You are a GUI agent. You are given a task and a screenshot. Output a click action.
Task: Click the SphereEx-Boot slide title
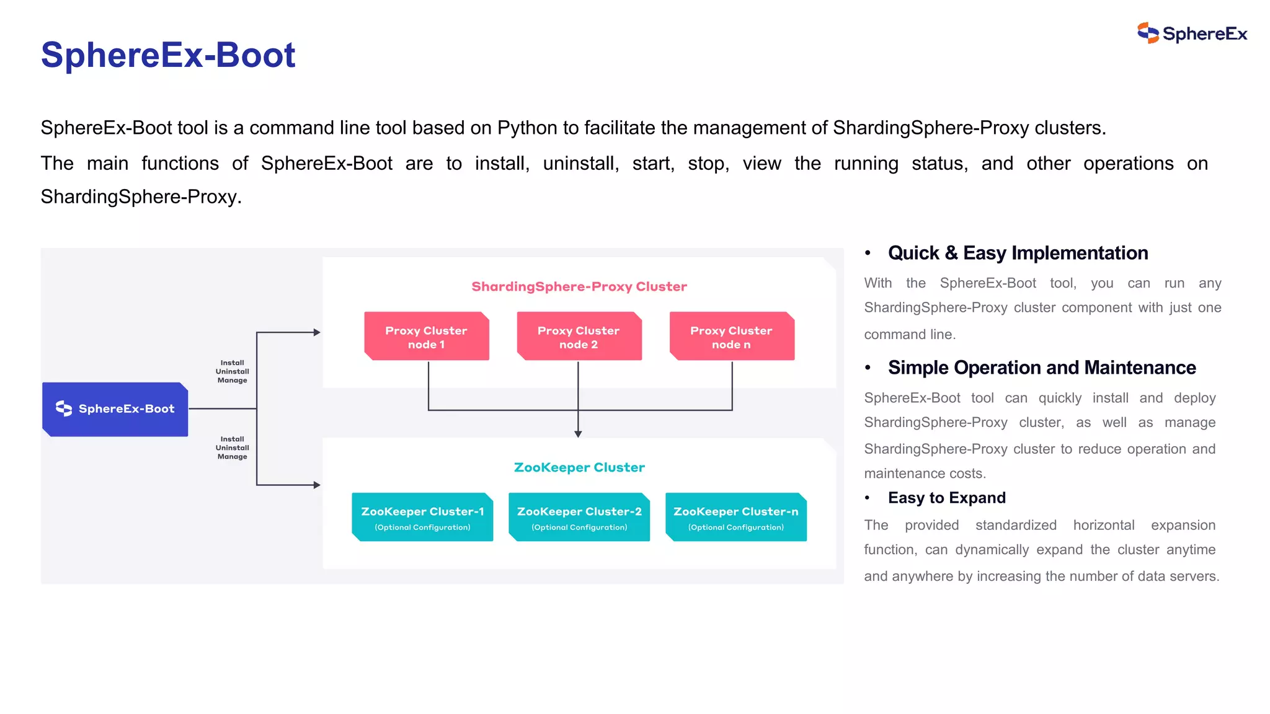point(168,55)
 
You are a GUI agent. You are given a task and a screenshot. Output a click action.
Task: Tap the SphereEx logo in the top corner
point(1191,33)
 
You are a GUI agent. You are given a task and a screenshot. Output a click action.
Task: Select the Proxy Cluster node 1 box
point(427,337)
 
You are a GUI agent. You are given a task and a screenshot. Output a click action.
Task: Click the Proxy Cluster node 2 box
point(579,337)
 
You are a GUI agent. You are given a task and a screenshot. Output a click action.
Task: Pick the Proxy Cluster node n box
point(731,337)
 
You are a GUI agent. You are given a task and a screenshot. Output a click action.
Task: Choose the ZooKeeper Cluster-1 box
point(422,518)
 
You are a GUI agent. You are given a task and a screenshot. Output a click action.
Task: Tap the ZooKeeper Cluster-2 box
point(579,518)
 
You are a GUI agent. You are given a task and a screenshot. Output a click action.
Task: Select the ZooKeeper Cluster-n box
point(736,518)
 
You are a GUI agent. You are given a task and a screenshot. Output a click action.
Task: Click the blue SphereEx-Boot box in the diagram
point(115,409)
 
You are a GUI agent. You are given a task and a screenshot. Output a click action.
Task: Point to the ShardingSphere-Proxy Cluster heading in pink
point(579,286)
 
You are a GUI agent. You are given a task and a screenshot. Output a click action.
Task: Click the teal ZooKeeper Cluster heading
point(579,467)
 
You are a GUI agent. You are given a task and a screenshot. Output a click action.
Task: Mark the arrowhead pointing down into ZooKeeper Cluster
point(578,434)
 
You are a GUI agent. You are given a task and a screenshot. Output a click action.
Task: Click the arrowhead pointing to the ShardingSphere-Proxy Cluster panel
point(317,333)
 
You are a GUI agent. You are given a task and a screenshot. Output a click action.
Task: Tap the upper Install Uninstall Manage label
point(233,371)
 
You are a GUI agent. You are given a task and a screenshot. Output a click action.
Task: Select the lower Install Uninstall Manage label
point(233,447)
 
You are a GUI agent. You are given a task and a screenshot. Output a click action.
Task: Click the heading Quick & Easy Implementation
point(1018,253)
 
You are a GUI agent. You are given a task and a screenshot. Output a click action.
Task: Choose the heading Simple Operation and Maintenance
point(1042,368)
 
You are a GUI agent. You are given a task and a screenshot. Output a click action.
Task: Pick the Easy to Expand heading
point(946,498)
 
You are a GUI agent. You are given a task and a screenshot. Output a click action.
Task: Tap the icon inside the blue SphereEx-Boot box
point(64,408)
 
